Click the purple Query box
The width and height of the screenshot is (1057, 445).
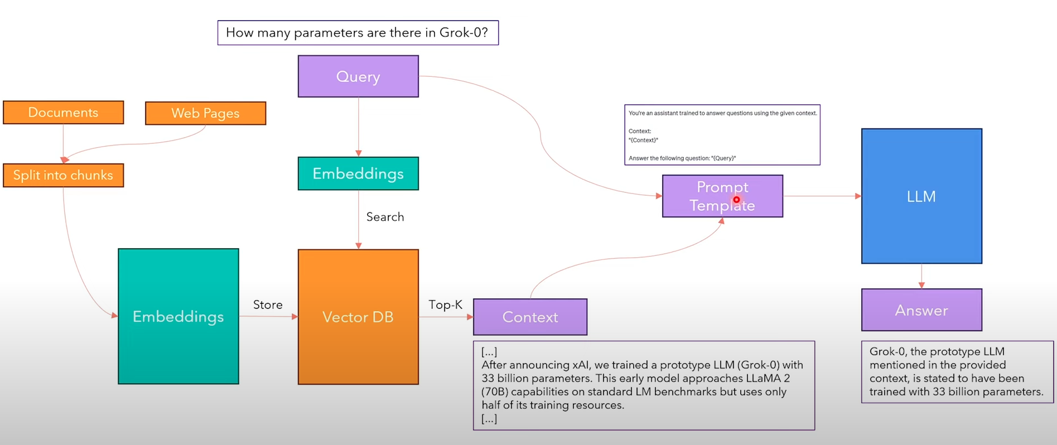(x=358, y=76)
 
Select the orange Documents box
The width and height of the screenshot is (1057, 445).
(x=63, y=113)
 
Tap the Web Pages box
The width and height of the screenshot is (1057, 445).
(x=205, y=113)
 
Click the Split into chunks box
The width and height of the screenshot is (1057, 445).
(x=63, y=175)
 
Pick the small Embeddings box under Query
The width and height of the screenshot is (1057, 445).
(x=358, y=173)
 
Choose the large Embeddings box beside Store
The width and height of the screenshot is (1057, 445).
(x=178, y=316)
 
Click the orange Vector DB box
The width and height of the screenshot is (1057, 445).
(x=358, y=317)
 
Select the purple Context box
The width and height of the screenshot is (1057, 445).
(x=530, y=317)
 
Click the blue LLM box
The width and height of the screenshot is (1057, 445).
(x=921, y=196)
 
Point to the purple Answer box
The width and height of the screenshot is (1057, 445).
(x=921, y=310)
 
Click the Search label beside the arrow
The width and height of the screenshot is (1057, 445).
(x=385, y=217)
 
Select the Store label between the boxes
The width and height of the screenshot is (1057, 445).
(x=268, y=304)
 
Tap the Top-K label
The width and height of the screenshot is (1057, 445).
(x=445, y=304)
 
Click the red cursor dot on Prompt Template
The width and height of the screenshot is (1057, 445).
(x=736, y=200)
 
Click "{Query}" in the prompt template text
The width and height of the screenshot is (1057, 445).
(x=723, y=158)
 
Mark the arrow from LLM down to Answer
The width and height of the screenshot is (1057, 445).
(x=921, y=276)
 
